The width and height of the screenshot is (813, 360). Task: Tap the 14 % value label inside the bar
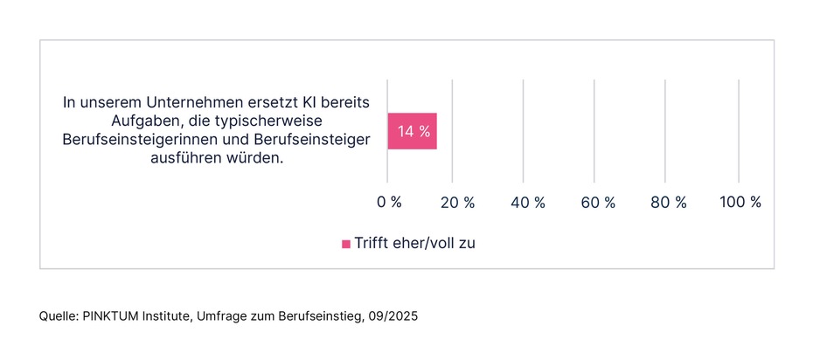point(413,132)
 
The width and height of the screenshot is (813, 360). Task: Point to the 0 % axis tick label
point(389,202)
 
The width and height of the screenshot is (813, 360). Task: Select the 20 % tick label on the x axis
point(457,202)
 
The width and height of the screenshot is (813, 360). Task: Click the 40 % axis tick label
point(527,202)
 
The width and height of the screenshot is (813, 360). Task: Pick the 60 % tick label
point(598,202)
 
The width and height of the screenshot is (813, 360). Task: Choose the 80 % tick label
point(669,202)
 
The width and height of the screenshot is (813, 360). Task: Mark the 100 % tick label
point(740,202)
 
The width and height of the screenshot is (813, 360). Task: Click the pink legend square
point(346,244)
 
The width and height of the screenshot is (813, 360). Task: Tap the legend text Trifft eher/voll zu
point(414,244)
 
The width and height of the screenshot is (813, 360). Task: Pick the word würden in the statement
point(260,159)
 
